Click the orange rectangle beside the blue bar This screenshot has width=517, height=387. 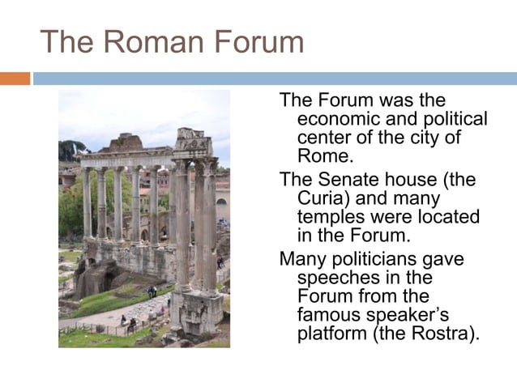(x=15, y=79)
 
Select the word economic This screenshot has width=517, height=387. (x=339, y=119)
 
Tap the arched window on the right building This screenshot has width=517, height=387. (x=220, y=202)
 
